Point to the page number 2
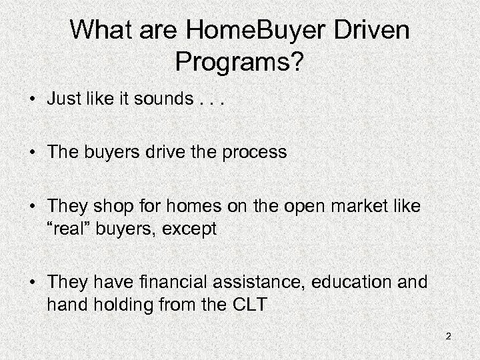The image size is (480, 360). click(449, 336)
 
